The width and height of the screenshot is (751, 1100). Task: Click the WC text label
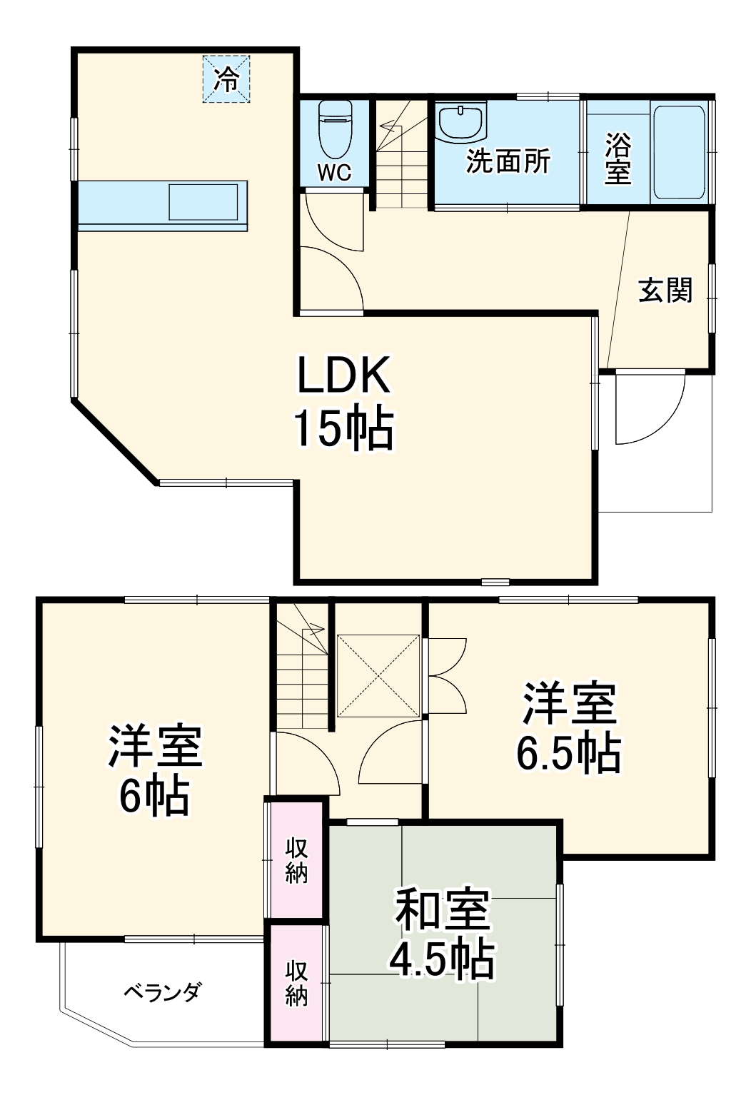coord(334,173)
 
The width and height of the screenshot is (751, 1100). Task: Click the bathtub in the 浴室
coord(680,153)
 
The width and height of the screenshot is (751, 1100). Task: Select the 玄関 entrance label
coord(665,290)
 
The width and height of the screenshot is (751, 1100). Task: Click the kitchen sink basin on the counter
coord(203,202)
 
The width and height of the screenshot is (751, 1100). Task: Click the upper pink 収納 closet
coord(297,860)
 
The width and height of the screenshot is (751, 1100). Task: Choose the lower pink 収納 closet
coord(297,984)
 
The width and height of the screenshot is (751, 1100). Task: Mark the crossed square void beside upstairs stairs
coord(378,674)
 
